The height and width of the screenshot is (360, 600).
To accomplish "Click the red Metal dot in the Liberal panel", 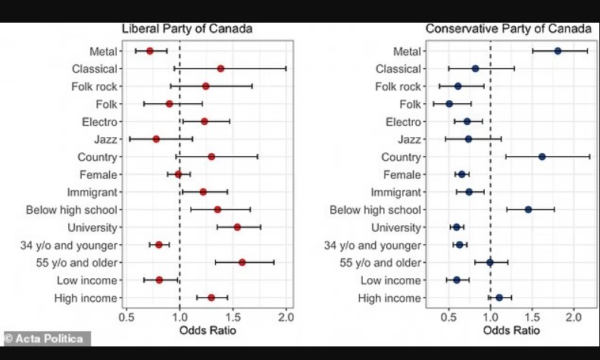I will [x=150, y=51].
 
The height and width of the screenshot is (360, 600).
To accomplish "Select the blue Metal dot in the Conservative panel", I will [x=558, y=51].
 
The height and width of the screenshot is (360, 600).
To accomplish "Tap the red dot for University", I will [x=237, y=227].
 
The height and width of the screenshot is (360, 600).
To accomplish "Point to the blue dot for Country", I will [x=542, y=157].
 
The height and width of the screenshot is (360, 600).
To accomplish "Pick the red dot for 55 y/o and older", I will [x=242, y=262].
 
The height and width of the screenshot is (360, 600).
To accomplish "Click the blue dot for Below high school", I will [x=528, y=209].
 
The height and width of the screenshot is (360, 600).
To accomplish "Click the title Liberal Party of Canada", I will [x=187, y=29].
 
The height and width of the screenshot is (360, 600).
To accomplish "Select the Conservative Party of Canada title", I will [x=508, y=29].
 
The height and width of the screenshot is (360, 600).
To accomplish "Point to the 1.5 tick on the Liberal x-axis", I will [x=233, y=315].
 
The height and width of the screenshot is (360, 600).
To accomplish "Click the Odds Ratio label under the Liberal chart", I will [x=205, y=330].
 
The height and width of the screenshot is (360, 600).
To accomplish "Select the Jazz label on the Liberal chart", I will [x=105, y=139].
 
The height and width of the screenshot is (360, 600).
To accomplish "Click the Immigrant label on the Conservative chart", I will [x=395, y=192].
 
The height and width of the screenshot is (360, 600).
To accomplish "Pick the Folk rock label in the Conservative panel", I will [x=397, y=86].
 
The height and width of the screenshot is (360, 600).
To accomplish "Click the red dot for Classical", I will [x=220, y=68].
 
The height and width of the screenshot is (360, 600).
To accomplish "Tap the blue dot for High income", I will [x=498, y=298].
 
